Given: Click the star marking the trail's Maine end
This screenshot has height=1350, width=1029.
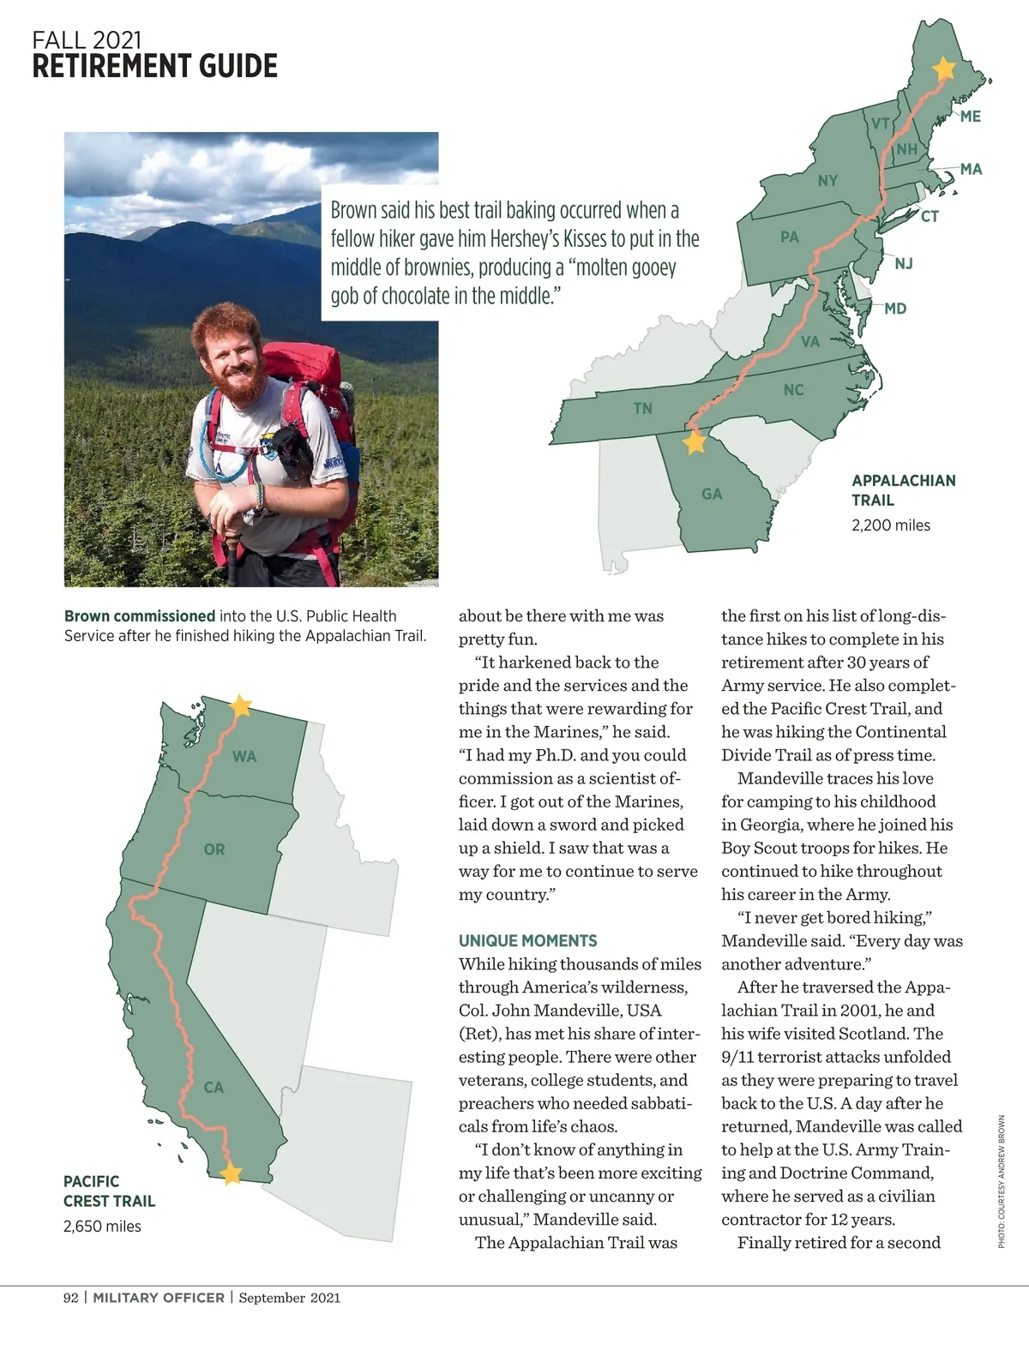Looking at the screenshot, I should pyautogui.click(x=943, y=69).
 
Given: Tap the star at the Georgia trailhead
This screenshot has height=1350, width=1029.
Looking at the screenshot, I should pyautogui.click(x=695, y=442).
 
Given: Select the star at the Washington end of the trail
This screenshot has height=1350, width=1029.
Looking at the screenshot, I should pyautogui.click(x=241, y=705).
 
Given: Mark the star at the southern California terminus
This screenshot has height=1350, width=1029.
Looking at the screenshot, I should pyautogui.click(x=232, y=1173).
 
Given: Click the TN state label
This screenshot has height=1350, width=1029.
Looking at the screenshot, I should pyautogui.click(x=642, y=409).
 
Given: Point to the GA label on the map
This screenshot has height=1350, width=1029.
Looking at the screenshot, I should pyautogui.click(x=712, y=494).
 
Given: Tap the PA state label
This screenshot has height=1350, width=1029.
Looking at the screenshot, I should pyautogui.click(x=790, y=237).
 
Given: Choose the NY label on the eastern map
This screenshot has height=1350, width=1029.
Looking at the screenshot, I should pyautogui.click(x=827, y=181).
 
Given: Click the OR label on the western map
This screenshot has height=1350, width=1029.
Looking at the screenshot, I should pyautogui.click(x=214, y=849).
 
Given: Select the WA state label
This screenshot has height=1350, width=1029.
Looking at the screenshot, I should pyautogui.click(x=244, y=757).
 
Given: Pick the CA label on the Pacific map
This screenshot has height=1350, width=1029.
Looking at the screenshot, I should pyautogui.click(x=214, y=1088).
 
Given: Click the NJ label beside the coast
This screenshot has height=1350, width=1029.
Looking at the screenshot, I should pyautogui.click(x=904, y=263).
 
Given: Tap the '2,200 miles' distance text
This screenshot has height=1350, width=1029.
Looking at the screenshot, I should pyautogui.click(x=890, y=525).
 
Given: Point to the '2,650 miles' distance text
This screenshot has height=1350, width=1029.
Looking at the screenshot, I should pyautogui.click(x=102, y=1227).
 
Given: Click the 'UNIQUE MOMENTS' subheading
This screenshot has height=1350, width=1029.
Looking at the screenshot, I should pyautogui.click(x=527, y=940).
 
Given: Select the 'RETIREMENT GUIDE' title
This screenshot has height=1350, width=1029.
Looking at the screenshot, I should pyautogui.click(x=155, y=66).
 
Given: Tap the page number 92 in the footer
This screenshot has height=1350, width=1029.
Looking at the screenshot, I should pyautogui.click(x=70, y=1298).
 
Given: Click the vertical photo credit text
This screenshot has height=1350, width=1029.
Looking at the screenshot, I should pyautogui.click(x=1001, y=1181).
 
